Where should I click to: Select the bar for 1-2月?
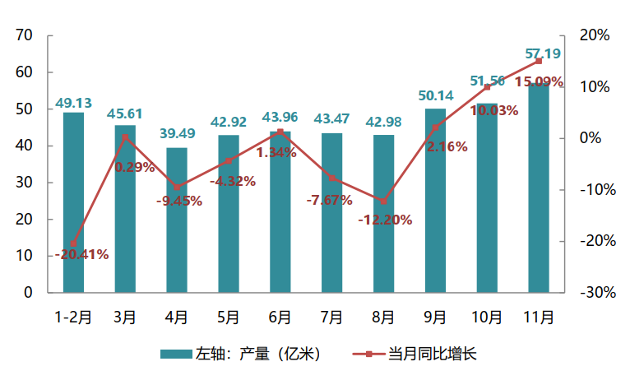coord(73,202)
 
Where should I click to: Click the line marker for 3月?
coord(125,137)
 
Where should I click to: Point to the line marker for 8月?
coord(383,201)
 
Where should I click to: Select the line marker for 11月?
coord(539,61)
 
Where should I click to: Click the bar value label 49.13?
coord(73,103)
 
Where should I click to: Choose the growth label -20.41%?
coord(81,254)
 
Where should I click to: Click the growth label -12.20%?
coord(385,220)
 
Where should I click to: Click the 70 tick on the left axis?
coord(23,35)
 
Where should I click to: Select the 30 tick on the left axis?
coord(23,183)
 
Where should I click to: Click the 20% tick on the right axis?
coord(594,35)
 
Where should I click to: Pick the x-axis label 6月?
coord(280,317)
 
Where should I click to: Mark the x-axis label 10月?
coord(487,317)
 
